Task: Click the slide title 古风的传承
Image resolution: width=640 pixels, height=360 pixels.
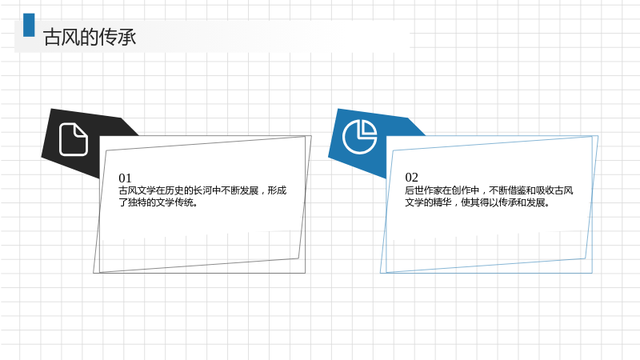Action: coord(90,37)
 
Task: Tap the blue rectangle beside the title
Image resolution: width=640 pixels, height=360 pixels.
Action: coord(29,25)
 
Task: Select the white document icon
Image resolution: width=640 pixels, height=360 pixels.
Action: coord(74,139)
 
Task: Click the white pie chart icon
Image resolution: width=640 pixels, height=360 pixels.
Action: coord(359,137)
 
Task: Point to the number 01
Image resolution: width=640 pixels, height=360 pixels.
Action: coord(125,178)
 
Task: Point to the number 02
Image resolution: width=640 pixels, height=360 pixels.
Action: coord(411,178)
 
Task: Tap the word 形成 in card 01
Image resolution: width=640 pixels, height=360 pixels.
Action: coord(277,190)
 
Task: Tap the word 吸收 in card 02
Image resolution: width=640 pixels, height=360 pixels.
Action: coord(545,190)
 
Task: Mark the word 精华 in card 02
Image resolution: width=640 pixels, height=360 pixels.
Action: coord(442,202)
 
